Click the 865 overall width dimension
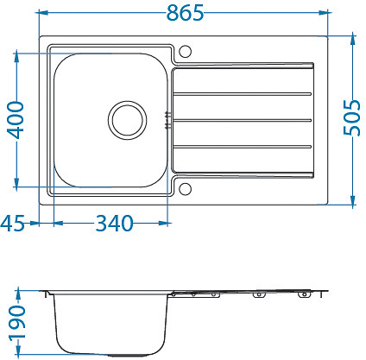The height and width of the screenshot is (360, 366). click(186, 13)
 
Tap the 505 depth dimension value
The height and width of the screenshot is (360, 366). click(351, 117)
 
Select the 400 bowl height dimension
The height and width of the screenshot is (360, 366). click(16, 120)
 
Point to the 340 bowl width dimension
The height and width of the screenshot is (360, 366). click(114, 224)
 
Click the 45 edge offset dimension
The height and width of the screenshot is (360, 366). click(13, 224)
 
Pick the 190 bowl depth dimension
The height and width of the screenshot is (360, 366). click(17, 323)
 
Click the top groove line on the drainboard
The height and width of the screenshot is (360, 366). click(243, 94)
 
